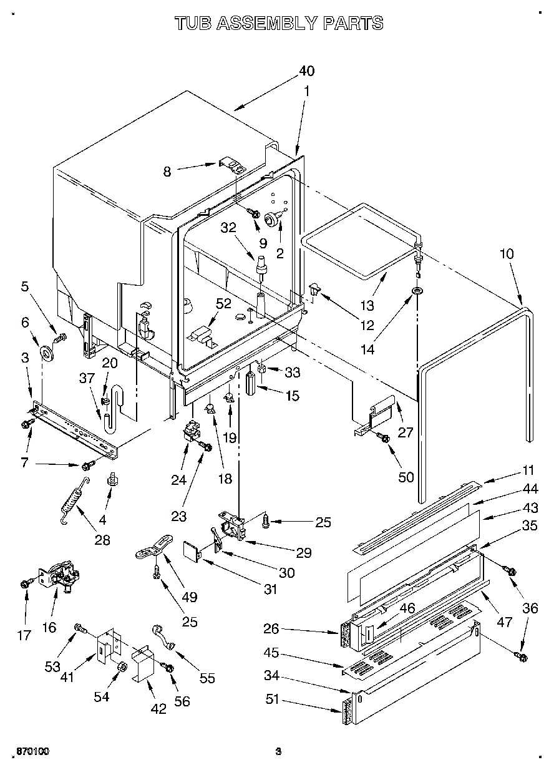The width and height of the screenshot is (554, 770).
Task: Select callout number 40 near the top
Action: coord(306,71)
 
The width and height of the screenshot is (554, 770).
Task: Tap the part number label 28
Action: coord(102,540)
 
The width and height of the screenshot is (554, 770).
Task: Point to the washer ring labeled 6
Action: coord(47,354)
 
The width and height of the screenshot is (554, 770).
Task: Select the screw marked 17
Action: coord(25,583)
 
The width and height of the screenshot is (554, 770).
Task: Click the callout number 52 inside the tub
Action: coord(223,304)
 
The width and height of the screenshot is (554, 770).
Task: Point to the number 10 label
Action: coord(507,254)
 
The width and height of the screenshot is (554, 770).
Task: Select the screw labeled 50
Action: coord(385,439)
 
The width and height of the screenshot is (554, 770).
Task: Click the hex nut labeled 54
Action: coord(120,667)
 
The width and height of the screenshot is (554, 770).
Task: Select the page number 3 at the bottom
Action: coord(279,751)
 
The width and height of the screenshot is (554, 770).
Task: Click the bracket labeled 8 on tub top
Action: coord(232,165)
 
